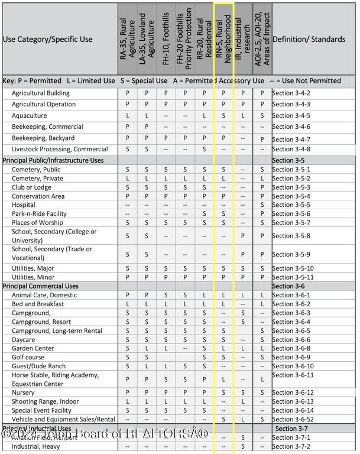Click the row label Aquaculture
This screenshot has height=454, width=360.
click(29, 116)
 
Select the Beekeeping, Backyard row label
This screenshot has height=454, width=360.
click(40, 138)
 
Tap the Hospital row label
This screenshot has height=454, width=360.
click(24, 205)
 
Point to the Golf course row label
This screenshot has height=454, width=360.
click(28, 357)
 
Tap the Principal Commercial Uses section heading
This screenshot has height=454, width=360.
click(41, 286)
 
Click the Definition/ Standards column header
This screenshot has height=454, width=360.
click(309, 39)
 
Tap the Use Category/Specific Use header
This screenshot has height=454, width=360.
click(48, 39)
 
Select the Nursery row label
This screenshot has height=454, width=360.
click(23, 393)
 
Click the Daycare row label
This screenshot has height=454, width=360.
click(24, 340)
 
